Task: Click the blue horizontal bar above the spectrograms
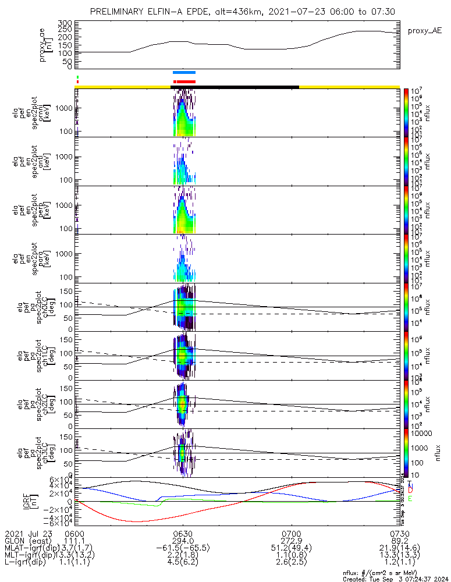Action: click(x=184, y=73)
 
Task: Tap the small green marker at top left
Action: click(x=77, y=76)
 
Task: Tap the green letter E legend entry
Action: click(x=410, y=499)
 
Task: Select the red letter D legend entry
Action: click(x=410, y=492)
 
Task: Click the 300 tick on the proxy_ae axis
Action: click(x=65, y=22)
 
